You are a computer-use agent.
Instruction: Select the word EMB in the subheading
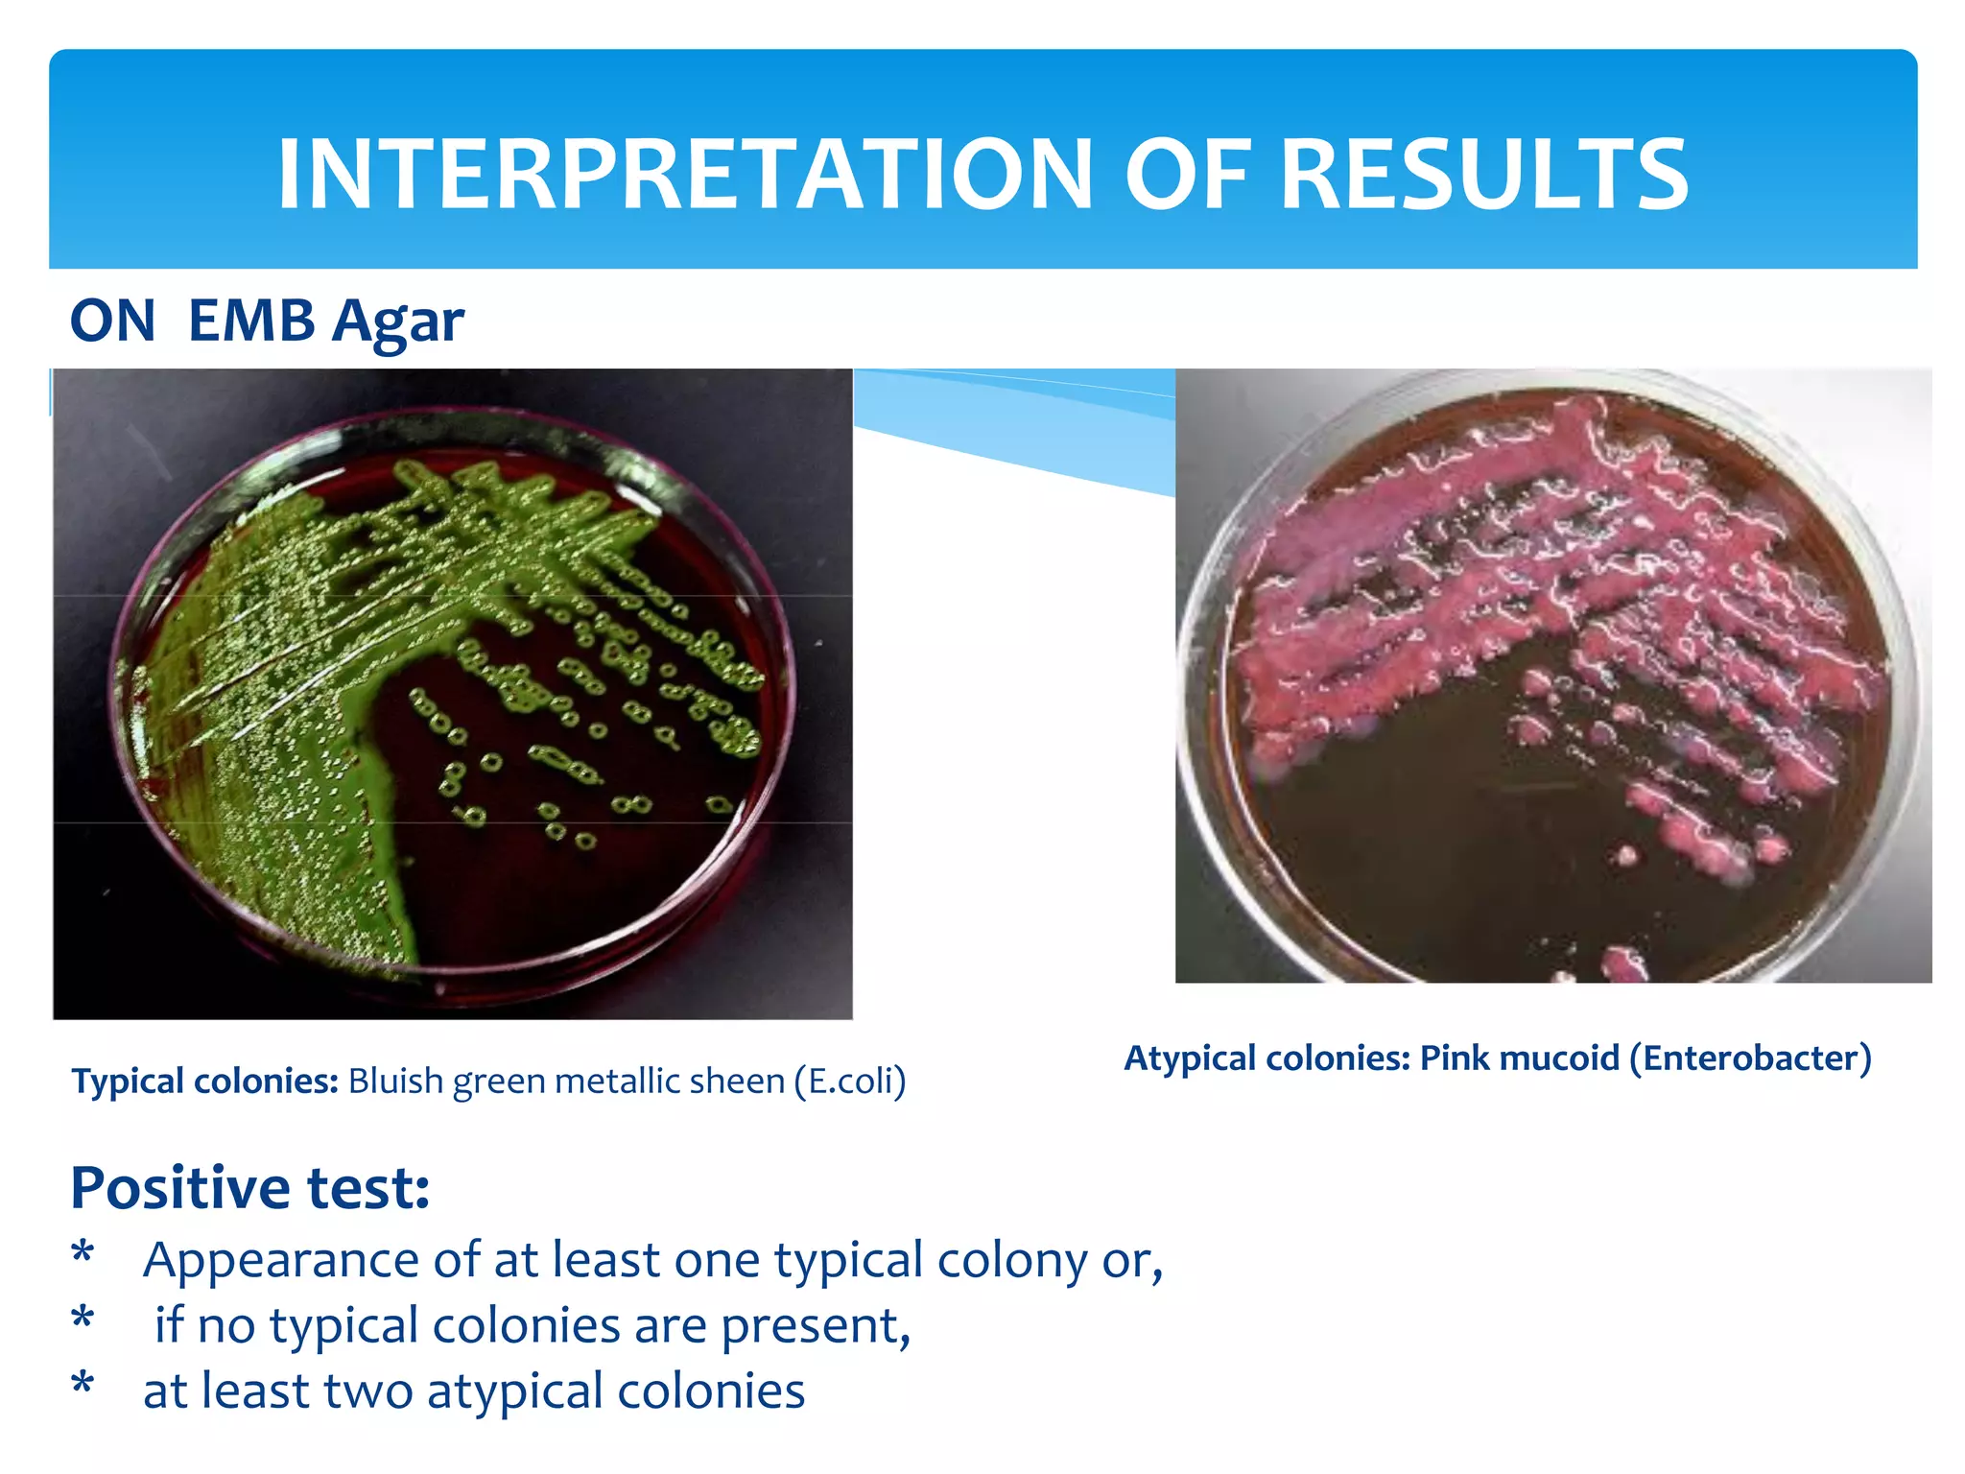251,321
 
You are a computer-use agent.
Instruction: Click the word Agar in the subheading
397,322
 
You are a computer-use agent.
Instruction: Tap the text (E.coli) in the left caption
849,1082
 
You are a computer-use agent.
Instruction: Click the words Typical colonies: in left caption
204,1082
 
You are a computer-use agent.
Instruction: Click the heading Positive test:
249,1188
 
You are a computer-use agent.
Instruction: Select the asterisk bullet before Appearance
83,1253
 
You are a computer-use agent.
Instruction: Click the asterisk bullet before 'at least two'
83,1385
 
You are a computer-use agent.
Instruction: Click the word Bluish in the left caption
395,1082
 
